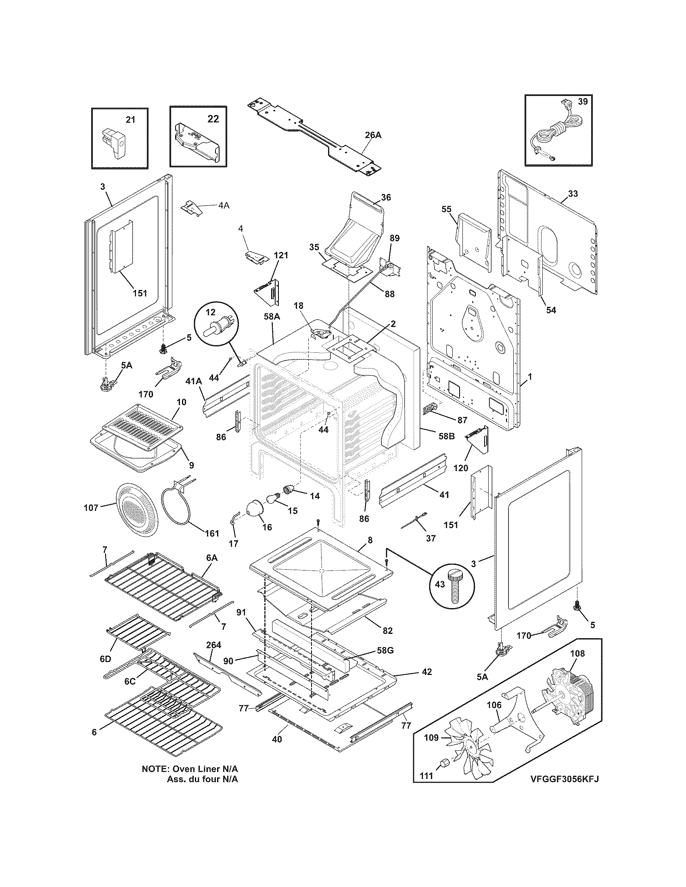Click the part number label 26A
tap(373, 135)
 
